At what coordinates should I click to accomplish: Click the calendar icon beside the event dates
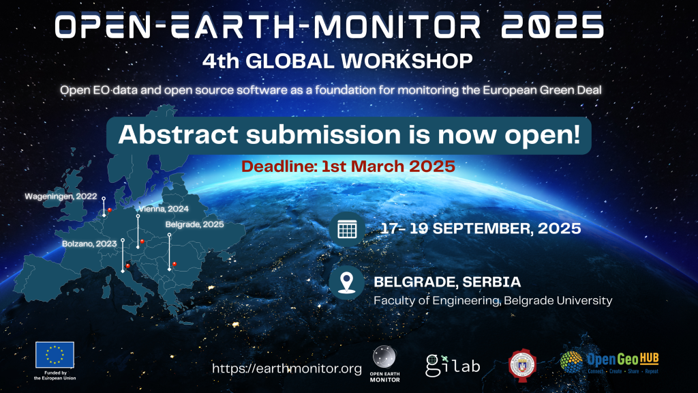(x=347, y=229)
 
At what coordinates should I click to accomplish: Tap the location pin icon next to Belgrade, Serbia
(x=347, y=283)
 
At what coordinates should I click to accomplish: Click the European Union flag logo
(x=55, y=355)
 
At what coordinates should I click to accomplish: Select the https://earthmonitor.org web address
(x=287, y=368)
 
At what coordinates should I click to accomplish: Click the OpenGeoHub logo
(x=610, y=362)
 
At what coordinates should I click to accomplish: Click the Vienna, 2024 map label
(x=163, y=209)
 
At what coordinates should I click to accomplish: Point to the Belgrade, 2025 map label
(x=194, y=224)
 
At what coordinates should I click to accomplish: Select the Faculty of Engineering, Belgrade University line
(x=493, y=300)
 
